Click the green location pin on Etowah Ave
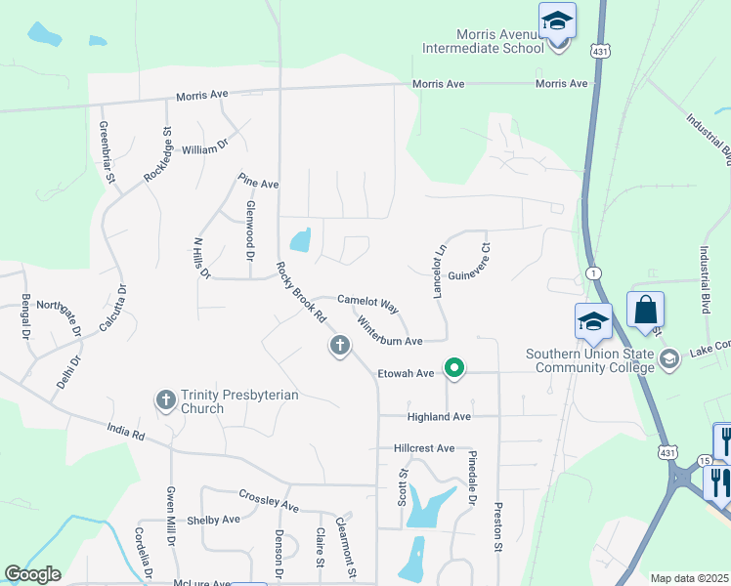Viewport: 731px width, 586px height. point(453,368)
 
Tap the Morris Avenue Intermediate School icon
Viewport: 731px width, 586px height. point(557,20)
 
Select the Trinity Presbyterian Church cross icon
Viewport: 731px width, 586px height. point(166,399)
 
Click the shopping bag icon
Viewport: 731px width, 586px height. point(645,310)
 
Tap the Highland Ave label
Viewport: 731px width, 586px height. point(440,417)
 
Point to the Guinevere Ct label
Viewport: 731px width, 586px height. point(467,263)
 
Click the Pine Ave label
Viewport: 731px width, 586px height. point(259,184)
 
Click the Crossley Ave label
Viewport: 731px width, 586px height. point(269,500)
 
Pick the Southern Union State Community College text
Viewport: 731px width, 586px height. point(589,360)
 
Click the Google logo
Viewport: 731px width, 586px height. point(32,574)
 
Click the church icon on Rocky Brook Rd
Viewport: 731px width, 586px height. point(339,345)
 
